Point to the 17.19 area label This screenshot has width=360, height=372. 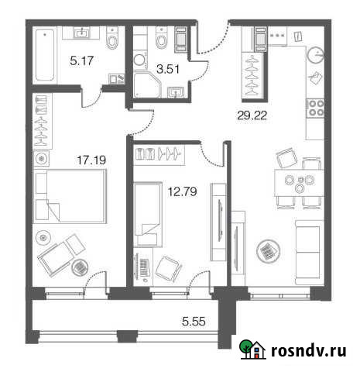click(x=73, y=160)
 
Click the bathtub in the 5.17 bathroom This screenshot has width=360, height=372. click(x=44, y=54)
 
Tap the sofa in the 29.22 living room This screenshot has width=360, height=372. click(x=310, y=247)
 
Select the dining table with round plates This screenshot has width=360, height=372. click(x=298, y=185)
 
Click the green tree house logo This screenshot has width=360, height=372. click(x=250, y=351)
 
